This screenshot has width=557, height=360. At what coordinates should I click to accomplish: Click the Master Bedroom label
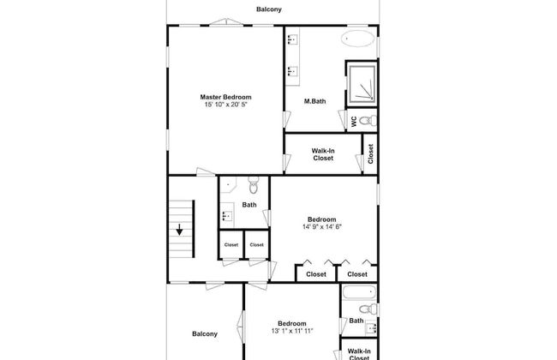coord(225,97)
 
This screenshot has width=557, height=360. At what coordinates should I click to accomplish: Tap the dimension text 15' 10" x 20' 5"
coord(225,105)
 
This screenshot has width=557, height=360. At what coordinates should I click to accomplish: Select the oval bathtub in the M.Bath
coord(357,39)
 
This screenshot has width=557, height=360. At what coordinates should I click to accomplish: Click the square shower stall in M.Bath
coord(362,84)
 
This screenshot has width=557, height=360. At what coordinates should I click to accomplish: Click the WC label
coord(354,122)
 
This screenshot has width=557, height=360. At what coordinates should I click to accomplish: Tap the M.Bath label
coord(314,101)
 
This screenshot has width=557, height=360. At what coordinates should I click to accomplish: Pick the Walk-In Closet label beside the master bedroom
coord(323,154)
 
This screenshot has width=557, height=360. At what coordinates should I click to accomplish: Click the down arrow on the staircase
coord(179,230)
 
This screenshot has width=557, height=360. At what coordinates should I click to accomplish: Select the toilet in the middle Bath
coord(254,185)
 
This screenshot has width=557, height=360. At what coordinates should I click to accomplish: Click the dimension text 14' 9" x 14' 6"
coord(322,227)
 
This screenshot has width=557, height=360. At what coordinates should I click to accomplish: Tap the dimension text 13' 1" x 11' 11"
coord(292,331)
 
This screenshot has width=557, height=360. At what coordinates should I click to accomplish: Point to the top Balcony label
coord(269,9)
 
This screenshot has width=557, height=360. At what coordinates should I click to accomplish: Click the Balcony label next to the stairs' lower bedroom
coord(205,334)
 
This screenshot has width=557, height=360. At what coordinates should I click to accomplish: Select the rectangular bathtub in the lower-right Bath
coord(359,292)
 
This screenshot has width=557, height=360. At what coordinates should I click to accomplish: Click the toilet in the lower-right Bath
coord(368,309)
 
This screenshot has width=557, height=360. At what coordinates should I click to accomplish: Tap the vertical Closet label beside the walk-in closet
coord(371,154)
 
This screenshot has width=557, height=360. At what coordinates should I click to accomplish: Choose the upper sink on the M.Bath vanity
coord(293,39)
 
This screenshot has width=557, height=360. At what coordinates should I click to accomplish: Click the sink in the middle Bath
coord(227,215)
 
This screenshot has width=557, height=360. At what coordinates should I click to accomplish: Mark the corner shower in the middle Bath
coord(227,184)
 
